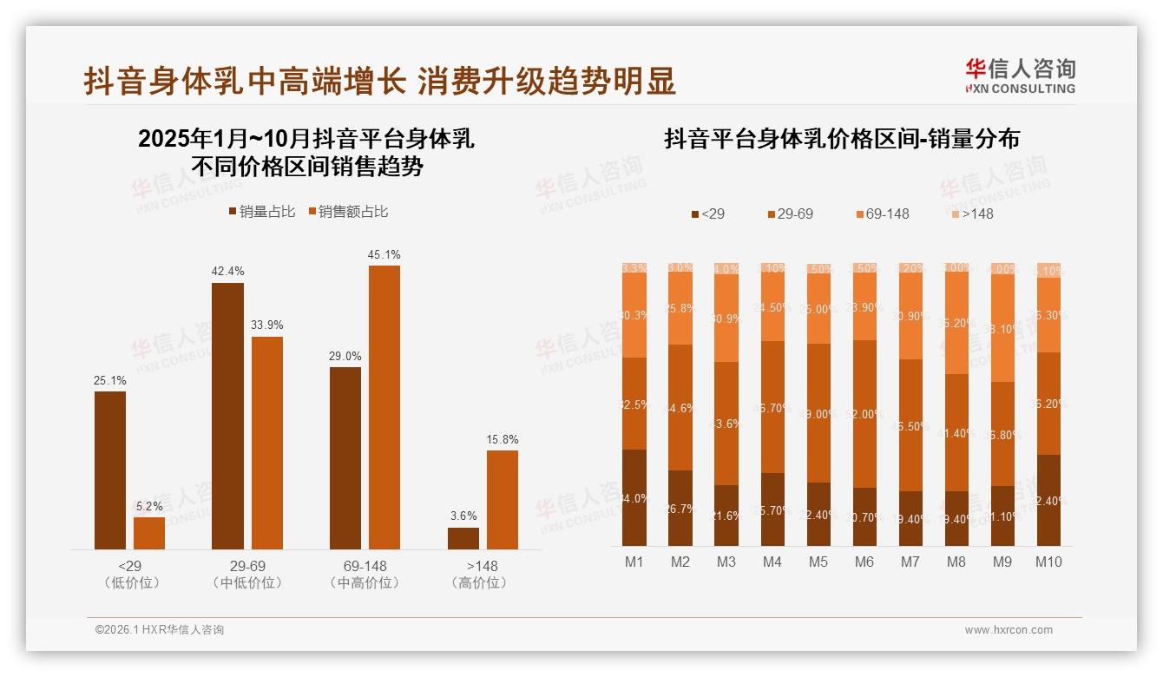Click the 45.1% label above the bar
click(384, 255)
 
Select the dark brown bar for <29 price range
click(110, 470)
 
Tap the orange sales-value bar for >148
click(503, 499)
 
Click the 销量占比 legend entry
click(261, 212)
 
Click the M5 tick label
click(818, 562)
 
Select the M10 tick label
click(1048, 562)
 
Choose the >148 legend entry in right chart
click(971, 214)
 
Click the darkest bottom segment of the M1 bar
click(634, 497)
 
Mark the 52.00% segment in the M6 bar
click(864, 414)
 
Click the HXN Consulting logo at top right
click(1020, 76)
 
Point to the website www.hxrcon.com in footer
click(1009, 630)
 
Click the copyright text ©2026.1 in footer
click(160, 630)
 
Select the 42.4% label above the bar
click(227, 272)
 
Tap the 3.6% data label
click(463, 516)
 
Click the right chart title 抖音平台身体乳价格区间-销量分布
click(841, 140)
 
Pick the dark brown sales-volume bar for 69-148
click(345, 457)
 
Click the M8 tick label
click(956, 562)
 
